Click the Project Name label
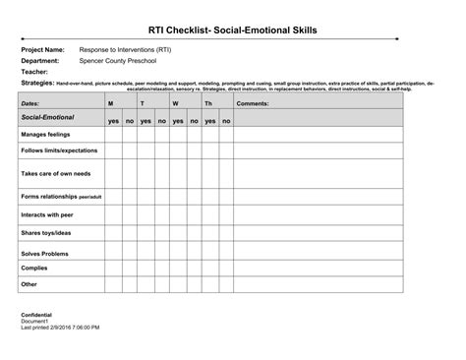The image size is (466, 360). tap(42, 49)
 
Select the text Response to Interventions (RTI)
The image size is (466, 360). tap(118, 49)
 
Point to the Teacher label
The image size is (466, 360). tap(34, 72)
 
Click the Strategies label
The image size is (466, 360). tap(37, 84)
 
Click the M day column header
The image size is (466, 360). tap(110, 103)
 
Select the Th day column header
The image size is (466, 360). tap(207, 103)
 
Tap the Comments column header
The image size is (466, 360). tap(253, 103)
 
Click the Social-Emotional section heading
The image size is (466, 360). tap(48, 117)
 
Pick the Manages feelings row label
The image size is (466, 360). tap(46, 135)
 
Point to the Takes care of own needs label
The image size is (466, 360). tap(56, 173)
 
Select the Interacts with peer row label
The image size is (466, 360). tap(47, 213)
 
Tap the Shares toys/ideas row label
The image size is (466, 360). tap(46, 233)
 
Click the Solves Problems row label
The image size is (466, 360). tap(44, 253)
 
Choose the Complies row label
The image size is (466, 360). tap(34, 268)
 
